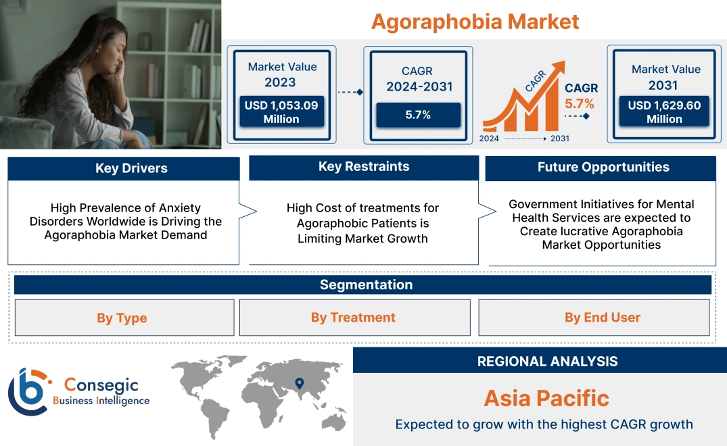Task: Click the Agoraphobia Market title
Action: point(475,22)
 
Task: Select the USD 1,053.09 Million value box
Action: point(281,112)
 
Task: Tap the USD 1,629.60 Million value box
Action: point(664,112)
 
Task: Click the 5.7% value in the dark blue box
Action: point(418,115)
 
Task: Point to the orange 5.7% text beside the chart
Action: point(580,103)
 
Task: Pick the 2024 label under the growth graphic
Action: point(490,139)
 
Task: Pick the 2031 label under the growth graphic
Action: point(559,139)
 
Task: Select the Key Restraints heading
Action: point(364,167)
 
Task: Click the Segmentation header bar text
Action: point(366,284)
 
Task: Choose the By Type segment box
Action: point(122,318)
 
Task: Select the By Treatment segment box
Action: point(353,318)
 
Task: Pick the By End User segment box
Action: point(603,318)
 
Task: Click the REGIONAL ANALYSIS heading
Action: point(547,362)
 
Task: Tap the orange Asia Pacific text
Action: point(546,398)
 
